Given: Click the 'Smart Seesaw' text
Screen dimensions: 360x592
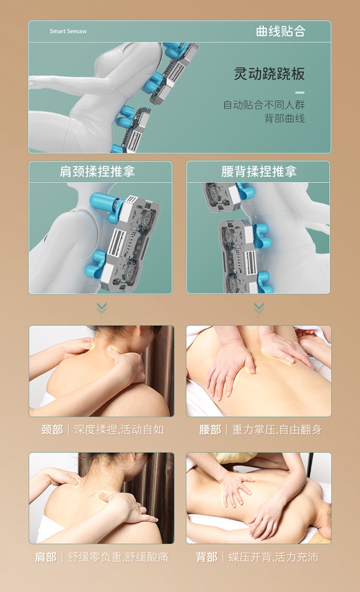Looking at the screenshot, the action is pos(68,31).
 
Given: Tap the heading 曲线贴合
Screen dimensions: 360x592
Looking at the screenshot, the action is pos(280,31).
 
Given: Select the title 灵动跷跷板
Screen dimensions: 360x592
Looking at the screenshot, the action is pos(269,73).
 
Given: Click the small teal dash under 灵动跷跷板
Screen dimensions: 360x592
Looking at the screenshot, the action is pos(300,93).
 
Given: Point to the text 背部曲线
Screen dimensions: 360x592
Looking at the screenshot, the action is pos(285,118).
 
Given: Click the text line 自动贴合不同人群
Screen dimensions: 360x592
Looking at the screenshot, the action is pos(264,105).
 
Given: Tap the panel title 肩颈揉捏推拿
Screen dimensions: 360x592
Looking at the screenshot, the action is pos(97,171).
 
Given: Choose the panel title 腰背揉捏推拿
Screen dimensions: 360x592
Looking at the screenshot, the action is pos(259,171).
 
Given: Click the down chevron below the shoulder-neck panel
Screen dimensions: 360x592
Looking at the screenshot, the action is pos(102,308).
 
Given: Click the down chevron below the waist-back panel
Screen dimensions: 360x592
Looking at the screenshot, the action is pos(259,308).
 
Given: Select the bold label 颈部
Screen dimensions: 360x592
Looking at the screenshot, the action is pos(52,430).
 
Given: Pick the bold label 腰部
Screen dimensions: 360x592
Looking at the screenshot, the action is pos(210,430).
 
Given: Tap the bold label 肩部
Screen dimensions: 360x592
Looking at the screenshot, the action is pos(46,557).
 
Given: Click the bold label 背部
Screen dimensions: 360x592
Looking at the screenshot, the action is pos(206,557).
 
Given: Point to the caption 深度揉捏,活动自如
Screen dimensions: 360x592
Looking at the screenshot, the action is pos(119,430).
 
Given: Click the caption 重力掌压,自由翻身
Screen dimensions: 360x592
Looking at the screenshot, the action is pos(277,430).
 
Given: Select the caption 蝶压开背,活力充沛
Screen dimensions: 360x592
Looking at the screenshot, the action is pos(274,557).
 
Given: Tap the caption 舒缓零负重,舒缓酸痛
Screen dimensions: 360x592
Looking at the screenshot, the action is pos(118,557).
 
